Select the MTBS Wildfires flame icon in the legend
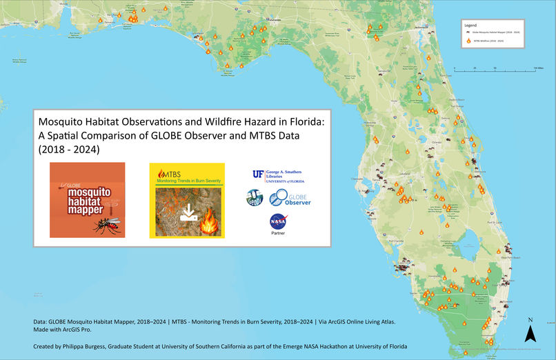[x=468, y=41]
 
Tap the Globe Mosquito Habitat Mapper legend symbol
[x=468, y=33]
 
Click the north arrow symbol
[x=530, y=334]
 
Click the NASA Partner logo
[x=279, y=224]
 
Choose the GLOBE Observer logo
[x=290, y=199]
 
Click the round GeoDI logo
[x=255, y=198]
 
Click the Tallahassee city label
[x=275, y=20]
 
